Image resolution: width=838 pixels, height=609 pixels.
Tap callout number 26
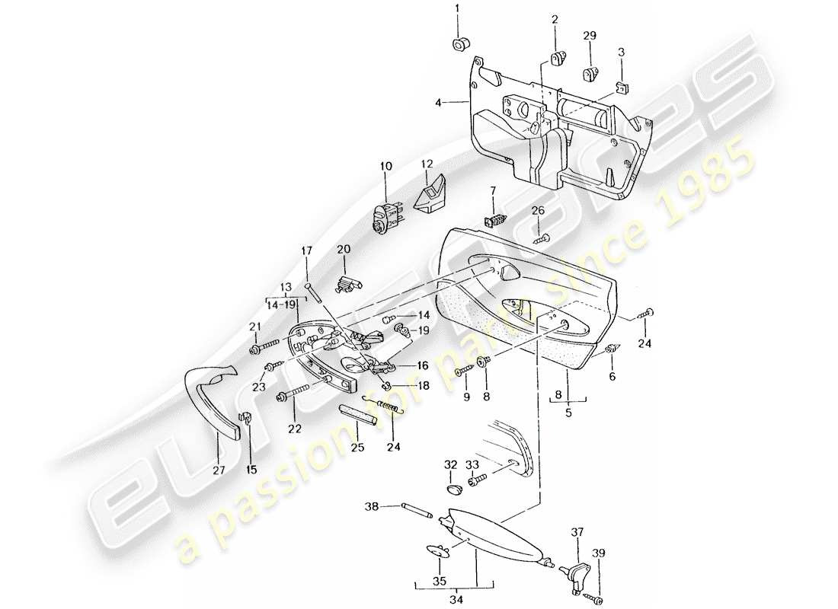click(538, 211)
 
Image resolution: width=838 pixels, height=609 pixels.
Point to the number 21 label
click(254, 327)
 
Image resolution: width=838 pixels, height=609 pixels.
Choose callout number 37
click(577, 533)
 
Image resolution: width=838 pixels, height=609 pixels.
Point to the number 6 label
click(613, 376)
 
